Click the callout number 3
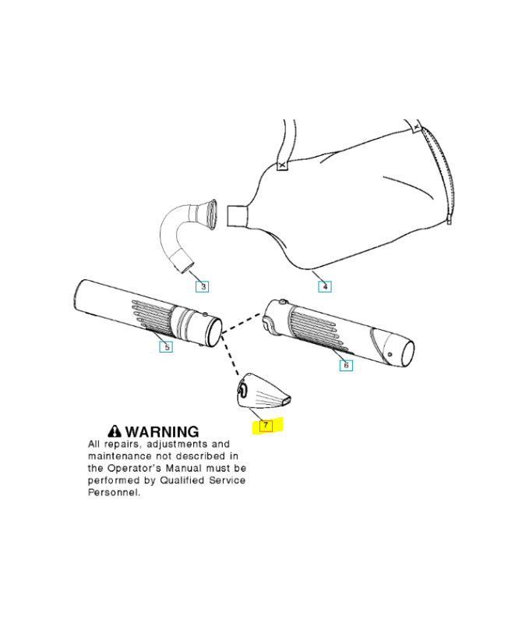point(203,286)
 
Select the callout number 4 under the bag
point(325,286)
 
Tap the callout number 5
point(165,346)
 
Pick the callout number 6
point(346,364)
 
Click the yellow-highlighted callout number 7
point(266,425)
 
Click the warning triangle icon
point(115,431)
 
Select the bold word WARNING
point(162,431)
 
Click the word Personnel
point(114,493)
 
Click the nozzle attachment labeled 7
point(261,392)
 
